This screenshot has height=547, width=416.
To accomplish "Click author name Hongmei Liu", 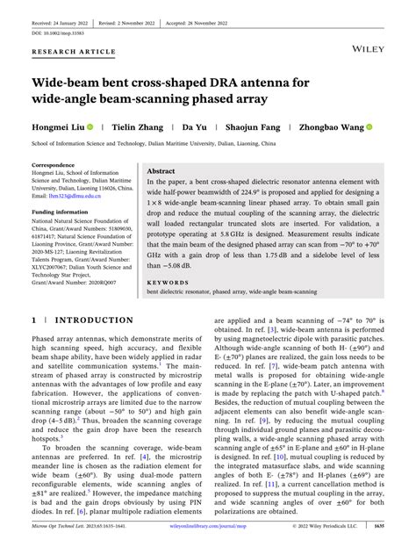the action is pos(58,127).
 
